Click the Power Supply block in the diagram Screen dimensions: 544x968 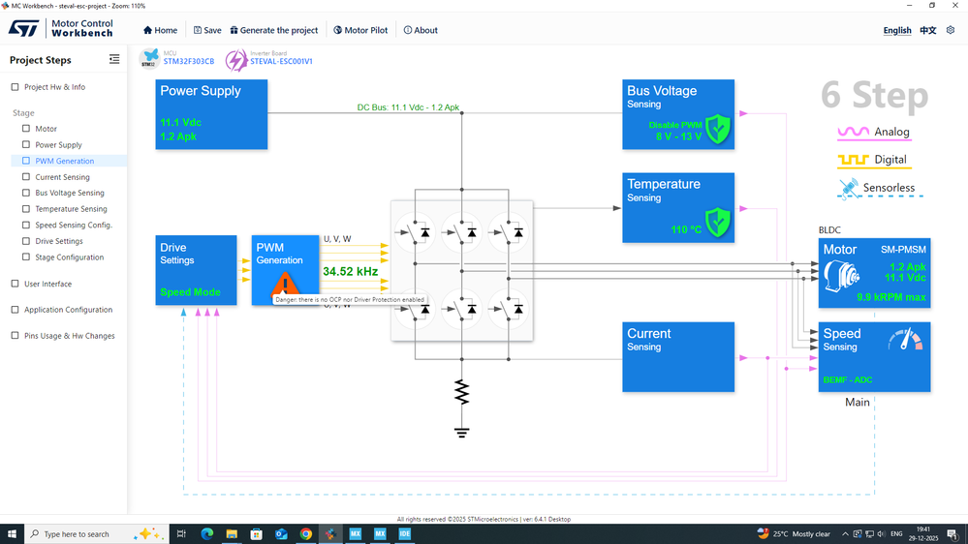(211, 114)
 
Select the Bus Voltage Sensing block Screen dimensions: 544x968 (679, 114)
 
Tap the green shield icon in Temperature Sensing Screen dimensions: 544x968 (717, 222)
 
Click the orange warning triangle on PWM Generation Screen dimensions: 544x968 (285, 284)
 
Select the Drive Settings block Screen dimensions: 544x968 (196, 270)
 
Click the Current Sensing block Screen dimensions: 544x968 (679, 356)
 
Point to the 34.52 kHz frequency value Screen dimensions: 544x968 (350, 272)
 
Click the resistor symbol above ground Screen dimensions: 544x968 (462, 392)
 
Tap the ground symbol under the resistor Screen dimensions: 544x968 (462, 432)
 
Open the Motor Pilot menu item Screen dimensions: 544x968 (360, 30)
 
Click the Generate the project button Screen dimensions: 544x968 (274, 30)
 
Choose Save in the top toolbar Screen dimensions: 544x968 (207, 30)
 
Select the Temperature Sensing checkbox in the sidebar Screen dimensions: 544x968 (26, 209)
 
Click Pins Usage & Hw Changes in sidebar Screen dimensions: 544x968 (69, 336)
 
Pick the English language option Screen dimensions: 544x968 (896, 30)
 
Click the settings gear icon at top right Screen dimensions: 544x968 (951, 30)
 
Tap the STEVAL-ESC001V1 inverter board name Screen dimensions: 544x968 (281, 62)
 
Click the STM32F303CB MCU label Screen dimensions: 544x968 (188, 62)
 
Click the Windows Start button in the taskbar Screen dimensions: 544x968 (12, 533)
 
